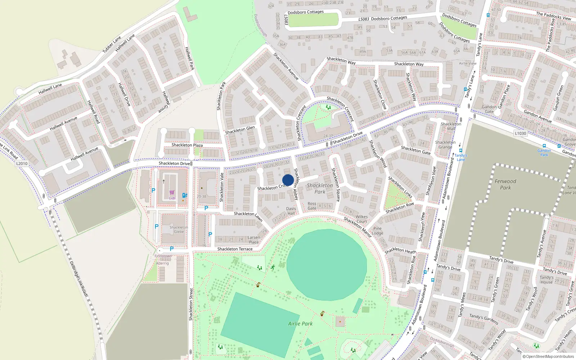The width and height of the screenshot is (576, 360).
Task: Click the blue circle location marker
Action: pos(288,180)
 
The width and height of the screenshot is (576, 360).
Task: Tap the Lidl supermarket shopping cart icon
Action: pos(172,193)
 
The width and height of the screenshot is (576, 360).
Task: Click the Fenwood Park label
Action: pos(505,184)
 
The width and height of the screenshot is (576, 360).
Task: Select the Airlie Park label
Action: pos(300,324)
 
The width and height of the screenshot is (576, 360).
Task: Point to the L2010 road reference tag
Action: pos(22,163)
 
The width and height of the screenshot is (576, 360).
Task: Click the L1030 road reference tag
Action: pos(520,133)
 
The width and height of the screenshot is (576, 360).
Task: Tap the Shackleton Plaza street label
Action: pos(187,145)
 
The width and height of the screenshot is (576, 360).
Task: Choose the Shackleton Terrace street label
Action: pos(235,249)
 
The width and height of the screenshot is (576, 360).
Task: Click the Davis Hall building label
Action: pos(291,211)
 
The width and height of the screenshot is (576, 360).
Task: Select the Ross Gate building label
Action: pos(312,206)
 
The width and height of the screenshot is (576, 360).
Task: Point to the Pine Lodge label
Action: pos(377,231)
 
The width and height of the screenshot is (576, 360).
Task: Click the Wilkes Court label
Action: pos(361,219)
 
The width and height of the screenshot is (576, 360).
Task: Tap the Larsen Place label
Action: pos(253,240)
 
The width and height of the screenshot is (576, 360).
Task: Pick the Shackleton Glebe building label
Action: pos(179,229)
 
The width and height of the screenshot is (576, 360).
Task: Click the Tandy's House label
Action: pos(546,280)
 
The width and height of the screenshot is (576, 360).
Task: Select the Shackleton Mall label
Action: pos(451,126)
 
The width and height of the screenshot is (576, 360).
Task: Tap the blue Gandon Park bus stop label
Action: pos(544,153)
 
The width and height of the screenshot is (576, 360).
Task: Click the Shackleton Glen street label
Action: pos(240,130)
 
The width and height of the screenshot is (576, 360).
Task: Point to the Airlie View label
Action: pos(468,63)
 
